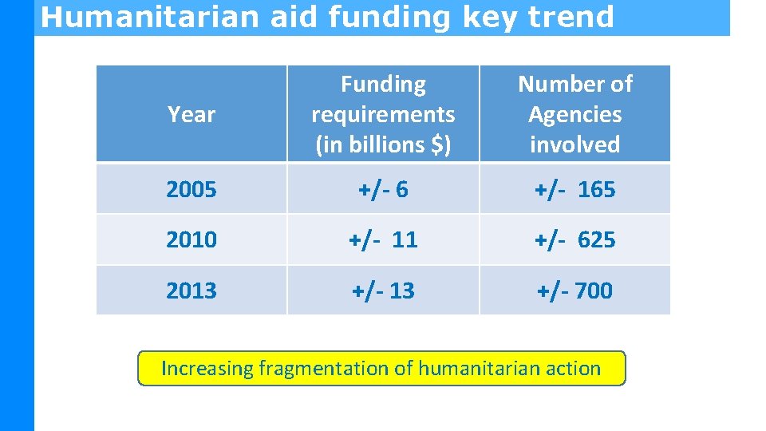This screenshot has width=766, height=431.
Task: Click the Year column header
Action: click(x=191, y=115)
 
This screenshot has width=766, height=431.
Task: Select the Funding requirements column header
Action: click(x=383, y=113)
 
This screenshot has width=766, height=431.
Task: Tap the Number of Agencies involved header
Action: click(x=574, y=113)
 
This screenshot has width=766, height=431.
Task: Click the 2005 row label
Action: click(x=191, y=190)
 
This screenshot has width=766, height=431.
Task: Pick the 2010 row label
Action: click(x=191, y=239)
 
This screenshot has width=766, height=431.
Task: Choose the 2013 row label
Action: click(x=191, y=291)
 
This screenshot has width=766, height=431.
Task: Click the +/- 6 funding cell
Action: click(x=383, y=190)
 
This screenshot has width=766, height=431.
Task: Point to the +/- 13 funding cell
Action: click(x=384, y=291)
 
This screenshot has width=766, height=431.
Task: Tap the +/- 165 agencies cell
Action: click(x=575, y=190)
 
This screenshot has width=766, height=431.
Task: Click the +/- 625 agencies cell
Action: click(x=575, y=239)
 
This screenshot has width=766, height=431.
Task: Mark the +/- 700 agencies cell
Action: click(x=574, y=291)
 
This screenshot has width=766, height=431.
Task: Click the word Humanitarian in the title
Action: click(x=151, y=17)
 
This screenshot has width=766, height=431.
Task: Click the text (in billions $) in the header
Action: click(x=383, y=144)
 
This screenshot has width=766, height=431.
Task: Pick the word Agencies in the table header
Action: click(x=574, y=114)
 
